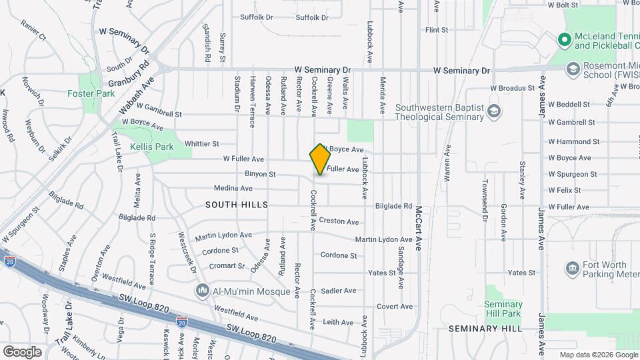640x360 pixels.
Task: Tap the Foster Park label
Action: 91,94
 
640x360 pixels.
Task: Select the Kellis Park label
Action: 152,146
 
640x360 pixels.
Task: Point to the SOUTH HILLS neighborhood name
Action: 237,205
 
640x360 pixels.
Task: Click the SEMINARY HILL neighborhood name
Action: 485,329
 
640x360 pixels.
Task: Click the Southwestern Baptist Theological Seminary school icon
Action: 494,111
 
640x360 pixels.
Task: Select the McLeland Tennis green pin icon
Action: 564,40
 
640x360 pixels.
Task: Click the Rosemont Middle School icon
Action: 572,68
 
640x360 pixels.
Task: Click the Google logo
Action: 23,351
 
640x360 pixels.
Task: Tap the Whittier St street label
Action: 202,143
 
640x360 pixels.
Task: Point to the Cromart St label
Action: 227,266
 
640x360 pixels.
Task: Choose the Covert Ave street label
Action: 395,307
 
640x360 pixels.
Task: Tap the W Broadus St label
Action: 513,87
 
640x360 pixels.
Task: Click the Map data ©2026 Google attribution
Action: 598,355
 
